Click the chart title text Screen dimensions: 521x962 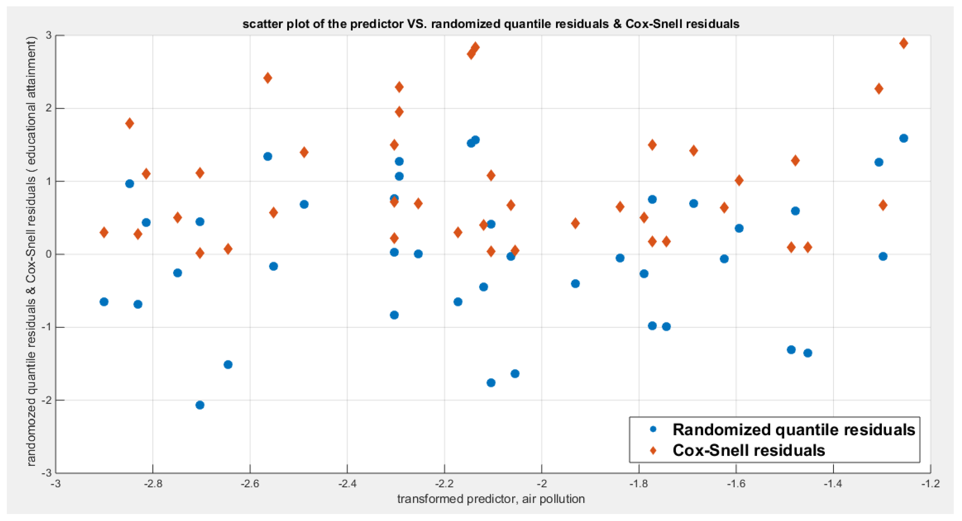pyautogui.click(x=491, y=24)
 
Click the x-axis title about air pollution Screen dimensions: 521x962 pyautogui.click(x=491, y=499)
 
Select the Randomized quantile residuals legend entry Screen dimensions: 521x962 pyautogui.click(x=793, y=430)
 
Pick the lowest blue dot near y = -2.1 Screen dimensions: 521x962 pyautogui.click(x=200, y=405)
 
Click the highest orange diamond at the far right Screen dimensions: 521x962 pyautogui.click(x=904, y=43)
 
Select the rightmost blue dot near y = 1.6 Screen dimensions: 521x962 pyautogui.click(x=904, y=138)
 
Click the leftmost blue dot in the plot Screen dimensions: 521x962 pyautogui.click(x=104, y=302)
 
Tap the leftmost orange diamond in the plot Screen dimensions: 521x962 pyautogui.click(x=104, y=233)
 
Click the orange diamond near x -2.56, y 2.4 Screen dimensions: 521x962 pyautogui.click(x=268, y=78)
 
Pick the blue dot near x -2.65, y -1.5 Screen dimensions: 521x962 pyautogui.click(x=228, y=364)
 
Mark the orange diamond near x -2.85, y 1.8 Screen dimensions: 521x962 pyautogui.click(x=130, y=123)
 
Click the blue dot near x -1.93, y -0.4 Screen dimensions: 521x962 pyautogui.click(x=576, y=283)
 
